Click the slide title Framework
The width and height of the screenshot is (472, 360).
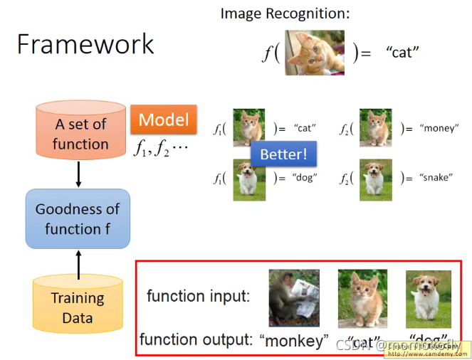coord(85,44)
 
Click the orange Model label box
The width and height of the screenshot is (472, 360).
coord(163,119)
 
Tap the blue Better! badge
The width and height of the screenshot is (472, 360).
coord(283,154)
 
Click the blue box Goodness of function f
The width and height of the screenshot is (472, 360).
coord(78,218)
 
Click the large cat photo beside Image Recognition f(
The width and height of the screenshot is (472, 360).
coord(315,53)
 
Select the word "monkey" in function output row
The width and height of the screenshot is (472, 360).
coord(294,341)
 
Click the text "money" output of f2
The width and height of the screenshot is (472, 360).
coord(436,129)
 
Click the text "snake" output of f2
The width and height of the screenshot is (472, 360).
coord(435,177)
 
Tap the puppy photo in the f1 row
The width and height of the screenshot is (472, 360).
coord(248,176)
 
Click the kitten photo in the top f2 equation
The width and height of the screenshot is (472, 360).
coord(375,127)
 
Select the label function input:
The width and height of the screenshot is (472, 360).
coord(198,296)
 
